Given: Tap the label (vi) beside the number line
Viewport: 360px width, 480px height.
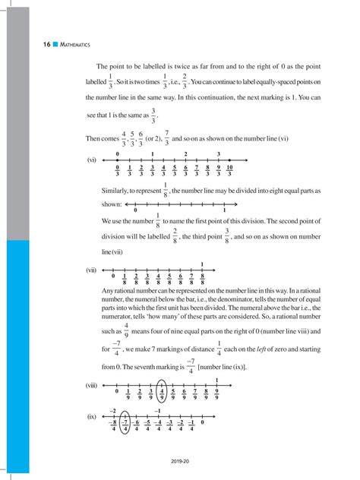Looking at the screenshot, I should [92, 161].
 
